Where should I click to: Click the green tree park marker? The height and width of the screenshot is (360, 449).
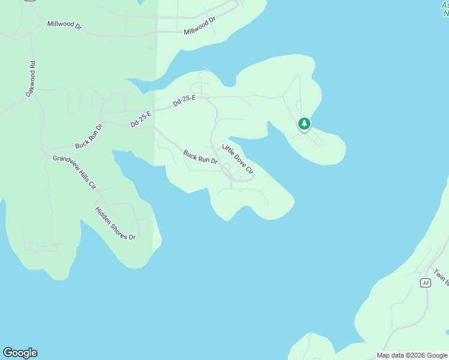(304, 124)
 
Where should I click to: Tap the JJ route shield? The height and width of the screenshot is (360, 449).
(426, 283)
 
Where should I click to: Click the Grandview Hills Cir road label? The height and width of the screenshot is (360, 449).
(74, 172)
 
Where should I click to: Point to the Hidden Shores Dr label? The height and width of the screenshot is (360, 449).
(115, 223)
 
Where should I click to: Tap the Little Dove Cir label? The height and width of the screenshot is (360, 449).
(238, 159)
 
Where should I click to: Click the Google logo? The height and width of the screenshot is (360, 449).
(20, 353)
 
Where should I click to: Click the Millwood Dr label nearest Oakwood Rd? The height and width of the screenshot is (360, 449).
(64, 26)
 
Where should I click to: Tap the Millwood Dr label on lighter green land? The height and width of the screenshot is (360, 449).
(199, 26)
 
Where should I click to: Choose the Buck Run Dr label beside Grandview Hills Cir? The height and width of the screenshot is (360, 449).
(89, 137)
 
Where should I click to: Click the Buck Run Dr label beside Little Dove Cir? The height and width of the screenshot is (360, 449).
(200, 157)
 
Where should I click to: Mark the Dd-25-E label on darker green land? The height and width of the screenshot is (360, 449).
(142, 119)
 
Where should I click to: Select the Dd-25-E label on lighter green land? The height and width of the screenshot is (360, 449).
(184, 101)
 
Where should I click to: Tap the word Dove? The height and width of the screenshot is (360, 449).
(240, 161)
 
